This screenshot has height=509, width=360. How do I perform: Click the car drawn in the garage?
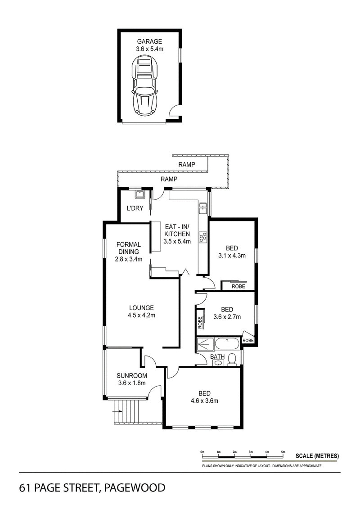click(145, 86)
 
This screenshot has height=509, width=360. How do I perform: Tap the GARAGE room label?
click(149, 41)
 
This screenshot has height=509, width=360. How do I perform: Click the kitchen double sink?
click(203, 208)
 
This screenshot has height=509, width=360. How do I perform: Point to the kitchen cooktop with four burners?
click(203, 237)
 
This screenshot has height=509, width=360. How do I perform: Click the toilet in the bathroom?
click(232, 359)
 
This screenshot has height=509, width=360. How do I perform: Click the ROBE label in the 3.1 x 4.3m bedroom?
click(238, 287)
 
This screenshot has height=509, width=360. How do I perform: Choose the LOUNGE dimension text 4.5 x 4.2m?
click(142, 315)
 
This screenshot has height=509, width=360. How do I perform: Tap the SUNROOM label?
click(132, 376)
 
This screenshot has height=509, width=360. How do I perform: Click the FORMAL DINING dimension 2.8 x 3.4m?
click(129, 259)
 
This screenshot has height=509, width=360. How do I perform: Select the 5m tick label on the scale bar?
click(283, 452)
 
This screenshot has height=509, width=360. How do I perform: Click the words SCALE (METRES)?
click(317, 456)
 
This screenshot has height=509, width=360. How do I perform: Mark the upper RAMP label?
click(187, 165)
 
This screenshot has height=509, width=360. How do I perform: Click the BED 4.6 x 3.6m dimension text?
click(204, 401)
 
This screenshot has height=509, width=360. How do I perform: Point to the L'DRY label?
click(135, 208)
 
